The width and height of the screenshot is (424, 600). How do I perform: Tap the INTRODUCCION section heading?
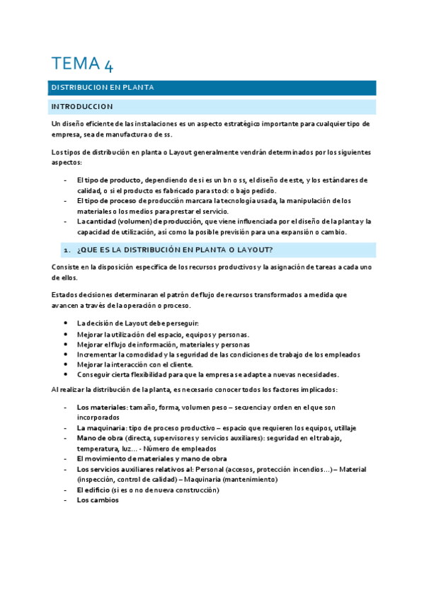(81, 107)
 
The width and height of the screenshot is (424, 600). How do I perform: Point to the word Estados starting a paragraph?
(65, 294)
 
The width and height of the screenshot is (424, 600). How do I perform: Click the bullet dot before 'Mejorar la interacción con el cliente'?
(66, 364)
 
